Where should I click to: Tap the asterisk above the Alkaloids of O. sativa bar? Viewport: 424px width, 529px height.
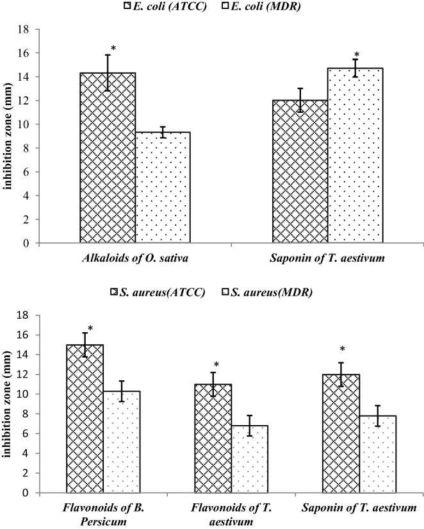[113, 48]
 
